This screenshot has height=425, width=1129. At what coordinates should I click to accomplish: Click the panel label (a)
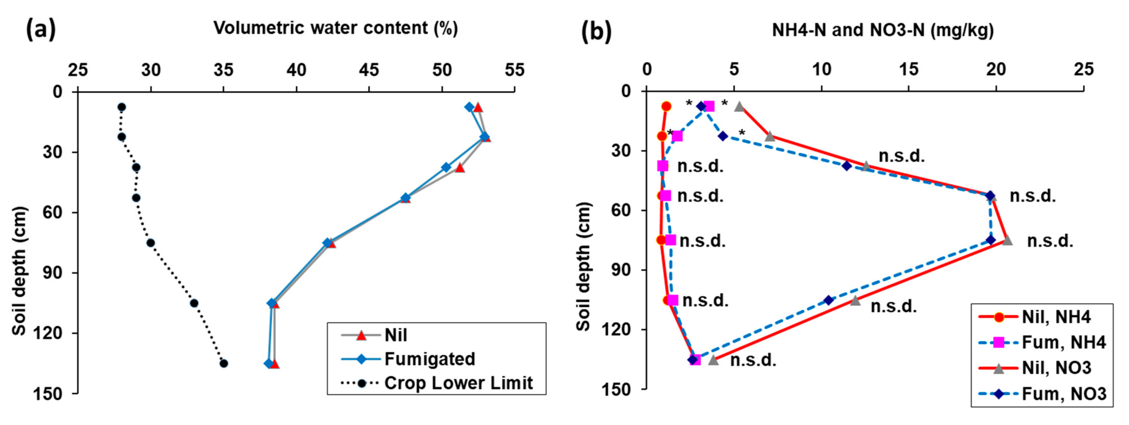tap(41, 30)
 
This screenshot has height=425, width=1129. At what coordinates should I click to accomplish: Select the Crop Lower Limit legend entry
tap(458, 383)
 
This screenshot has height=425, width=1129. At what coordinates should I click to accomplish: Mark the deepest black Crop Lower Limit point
tap(224, 363)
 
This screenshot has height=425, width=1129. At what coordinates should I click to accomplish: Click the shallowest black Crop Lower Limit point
tap(122, 107)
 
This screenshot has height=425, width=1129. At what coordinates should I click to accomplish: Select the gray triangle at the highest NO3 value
tap(1007, 240)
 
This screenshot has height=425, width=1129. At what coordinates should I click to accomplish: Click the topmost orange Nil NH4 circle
tap(666, 106)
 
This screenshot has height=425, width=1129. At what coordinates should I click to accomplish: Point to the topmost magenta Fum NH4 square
tap(709, 106)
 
